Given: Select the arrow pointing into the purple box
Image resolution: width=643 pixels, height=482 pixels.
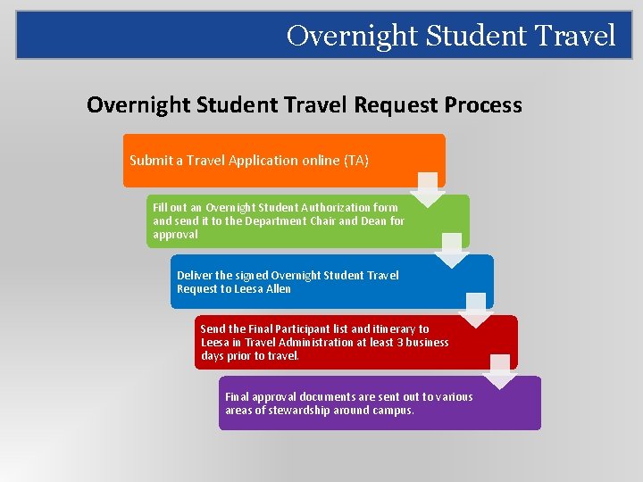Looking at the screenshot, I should coord(501,370).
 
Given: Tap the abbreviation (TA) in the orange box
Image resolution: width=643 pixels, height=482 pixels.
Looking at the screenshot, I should coord(355,161).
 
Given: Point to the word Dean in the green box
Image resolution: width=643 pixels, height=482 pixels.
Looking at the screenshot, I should coord(374,221).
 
